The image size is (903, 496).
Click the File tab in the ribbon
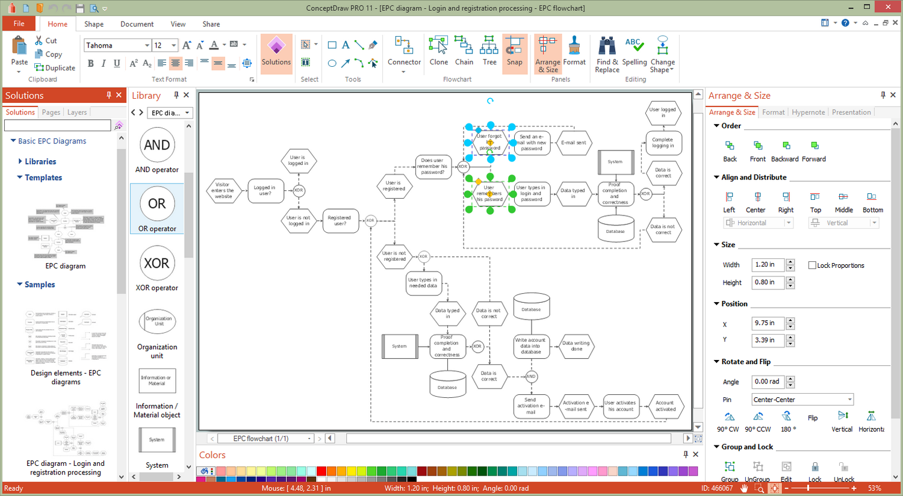coord(19,23)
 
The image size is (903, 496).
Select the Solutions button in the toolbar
coord(276,53)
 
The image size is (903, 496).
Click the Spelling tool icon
coord(634,53)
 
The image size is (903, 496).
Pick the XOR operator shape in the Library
coord(157,264)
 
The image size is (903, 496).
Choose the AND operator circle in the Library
coord(157,145)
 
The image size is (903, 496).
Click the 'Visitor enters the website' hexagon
coord(223,191)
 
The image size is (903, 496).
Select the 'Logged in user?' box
coord(265,191)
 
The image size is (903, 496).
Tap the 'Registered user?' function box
coord(340,220)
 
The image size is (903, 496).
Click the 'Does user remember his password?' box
coord(433,167)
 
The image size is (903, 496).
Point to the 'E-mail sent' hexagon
coord(573,143)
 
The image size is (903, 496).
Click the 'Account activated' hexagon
coord(665,406)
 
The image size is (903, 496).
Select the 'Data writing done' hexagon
coord(576,346)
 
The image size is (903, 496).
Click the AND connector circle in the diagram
coord(530,376)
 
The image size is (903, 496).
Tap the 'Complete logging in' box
coord(663,143)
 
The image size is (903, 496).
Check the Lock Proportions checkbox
coord(812,265)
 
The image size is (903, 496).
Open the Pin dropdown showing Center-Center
coord(802,400)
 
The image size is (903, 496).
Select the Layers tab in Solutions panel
coord(77,113)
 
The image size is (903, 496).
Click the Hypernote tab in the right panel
coord(808,113)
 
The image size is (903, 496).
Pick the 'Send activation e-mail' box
coord(530,406)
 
